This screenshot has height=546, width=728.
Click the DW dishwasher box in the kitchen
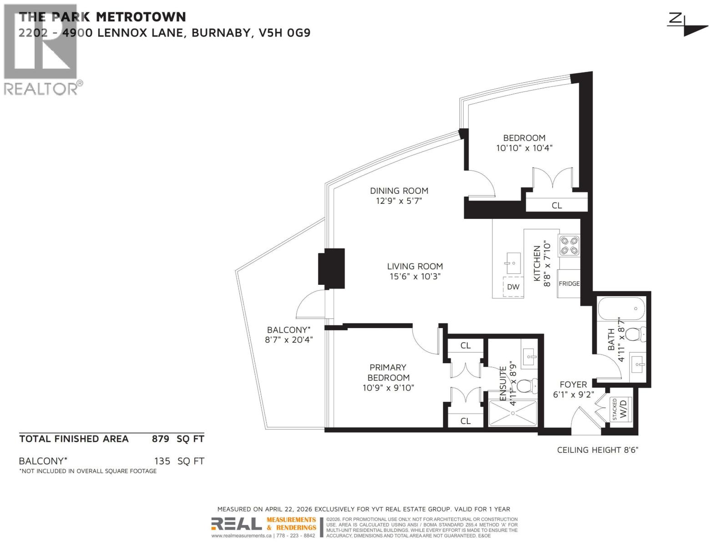point(513,287)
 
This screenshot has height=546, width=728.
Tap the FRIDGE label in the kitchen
point(569,283)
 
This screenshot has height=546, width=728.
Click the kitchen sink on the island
point(514,263)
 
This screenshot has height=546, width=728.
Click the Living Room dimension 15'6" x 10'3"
point(415,276)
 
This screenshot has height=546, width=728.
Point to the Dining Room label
point(399,191)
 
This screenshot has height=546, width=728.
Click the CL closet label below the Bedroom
point(556,205)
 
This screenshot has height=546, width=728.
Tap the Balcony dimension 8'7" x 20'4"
point(289,339)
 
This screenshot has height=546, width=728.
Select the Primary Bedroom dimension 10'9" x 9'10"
point(388,388)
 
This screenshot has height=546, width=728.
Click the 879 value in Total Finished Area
point(160,439)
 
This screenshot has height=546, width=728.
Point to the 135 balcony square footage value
point(162,461)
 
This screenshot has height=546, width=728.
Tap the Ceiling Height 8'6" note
point(597,450)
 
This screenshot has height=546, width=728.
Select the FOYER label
point(573,384)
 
